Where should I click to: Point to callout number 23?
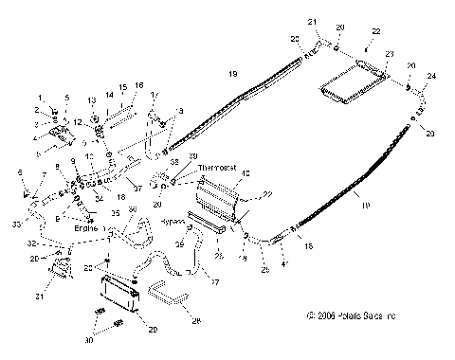click(389, 57)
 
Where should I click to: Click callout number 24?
click(431, 74)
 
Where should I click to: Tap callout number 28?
click(197, 320)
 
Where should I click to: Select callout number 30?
click(90, 338)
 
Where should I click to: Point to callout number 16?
click(138, 85)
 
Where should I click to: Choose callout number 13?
click(92, 99)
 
